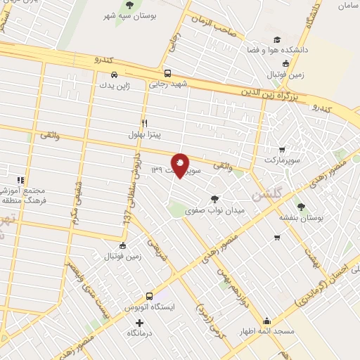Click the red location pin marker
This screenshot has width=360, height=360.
181,165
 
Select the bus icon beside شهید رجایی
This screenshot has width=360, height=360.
167,72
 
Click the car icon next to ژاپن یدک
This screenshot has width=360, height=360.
114,75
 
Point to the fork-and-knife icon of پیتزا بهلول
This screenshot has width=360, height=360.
144,122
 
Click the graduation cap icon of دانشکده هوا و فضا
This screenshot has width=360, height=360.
277,40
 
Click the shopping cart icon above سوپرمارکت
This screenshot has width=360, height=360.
282,150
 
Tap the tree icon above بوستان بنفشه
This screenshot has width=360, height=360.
302,207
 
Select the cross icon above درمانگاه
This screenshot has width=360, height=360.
139,323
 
